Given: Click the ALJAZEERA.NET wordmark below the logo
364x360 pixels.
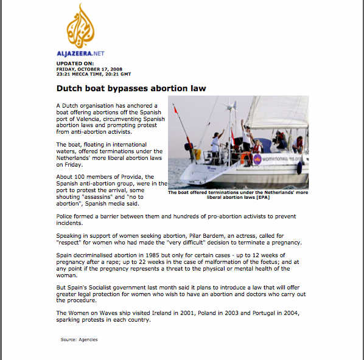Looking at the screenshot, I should [x=80, y=54].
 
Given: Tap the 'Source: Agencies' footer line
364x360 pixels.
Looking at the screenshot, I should [x=79, y=339].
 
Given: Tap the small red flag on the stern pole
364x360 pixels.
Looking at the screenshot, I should [x=175, y=111].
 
